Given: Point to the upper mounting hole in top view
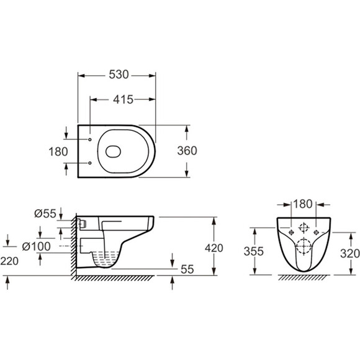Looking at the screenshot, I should (91, 140).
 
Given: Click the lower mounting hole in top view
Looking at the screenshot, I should (91, 163).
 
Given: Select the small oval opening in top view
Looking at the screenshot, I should (114, 151).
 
